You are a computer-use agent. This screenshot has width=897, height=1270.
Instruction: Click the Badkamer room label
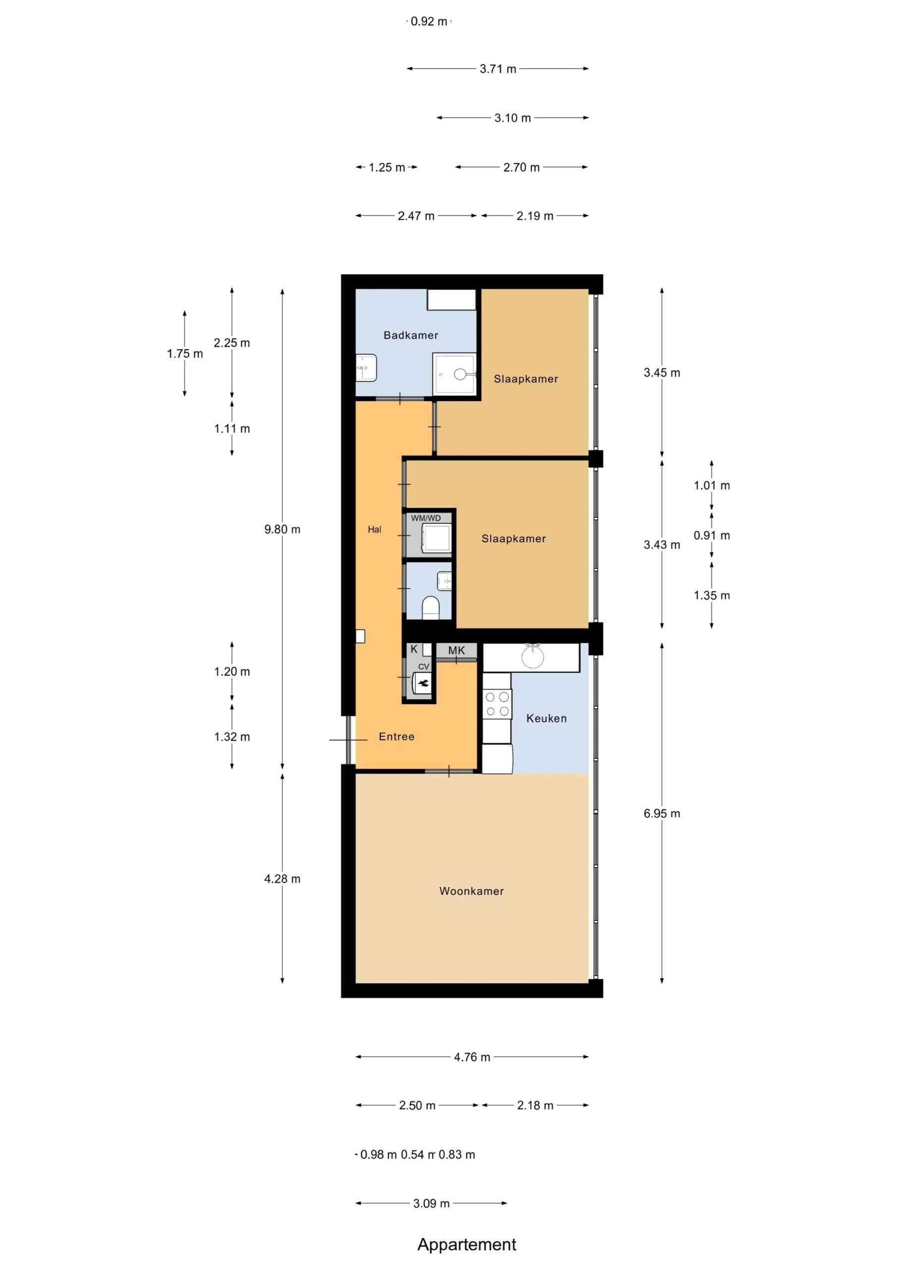pyautogui.click(x=411, y=335)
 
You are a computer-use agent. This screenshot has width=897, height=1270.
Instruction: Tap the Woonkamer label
pyautogui.click(x=471, y=891)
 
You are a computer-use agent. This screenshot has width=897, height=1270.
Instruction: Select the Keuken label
pyautogui.click(x=547, y=718)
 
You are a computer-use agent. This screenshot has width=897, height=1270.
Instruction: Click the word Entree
pyautogui.click(x=396, y=737)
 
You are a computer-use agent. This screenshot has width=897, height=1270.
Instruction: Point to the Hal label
pyautogui.click(x=374, y=529)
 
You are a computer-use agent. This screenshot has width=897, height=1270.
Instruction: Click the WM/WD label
pyautogui.click(x=426, y=518)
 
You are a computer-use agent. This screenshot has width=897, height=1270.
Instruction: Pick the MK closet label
pyautogui.click(x=456, y=650)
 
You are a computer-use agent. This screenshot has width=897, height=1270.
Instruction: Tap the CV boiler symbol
pyautogui.click(x=423, y=683)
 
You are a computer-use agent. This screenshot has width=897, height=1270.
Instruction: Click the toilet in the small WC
pyautogui.click(x=430, y=608)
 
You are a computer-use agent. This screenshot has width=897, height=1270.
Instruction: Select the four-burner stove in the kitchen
pyautogui.click(x=497, y=704)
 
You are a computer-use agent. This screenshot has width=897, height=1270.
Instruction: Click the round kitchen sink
pyautogui.click(x=533, y=656)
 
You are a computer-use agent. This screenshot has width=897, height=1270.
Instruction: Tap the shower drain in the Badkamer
pyautogui.click(x=460, y=375)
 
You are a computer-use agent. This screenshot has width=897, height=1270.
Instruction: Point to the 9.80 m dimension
pyautogui.click(x=282, y=529)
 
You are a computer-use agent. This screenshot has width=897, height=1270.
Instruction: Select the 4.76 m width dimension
pyautogui.click(x=472, y=1057)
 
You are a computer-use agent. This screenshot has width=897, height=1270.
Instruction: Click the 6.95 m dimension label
pyautogui.click(x=662, y=814)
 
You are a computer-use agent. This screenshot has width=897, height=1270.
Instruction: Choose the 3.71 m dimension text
pyautogui.click(x=498, y=69)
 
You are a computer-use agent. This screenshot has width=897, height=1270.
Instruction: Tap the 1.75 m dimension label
pyautogui.click(x=184, y=354)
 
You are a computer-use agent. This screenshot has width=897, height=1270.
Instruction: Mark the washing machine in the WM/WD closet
pyautogui.click(x=437, y=538)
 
